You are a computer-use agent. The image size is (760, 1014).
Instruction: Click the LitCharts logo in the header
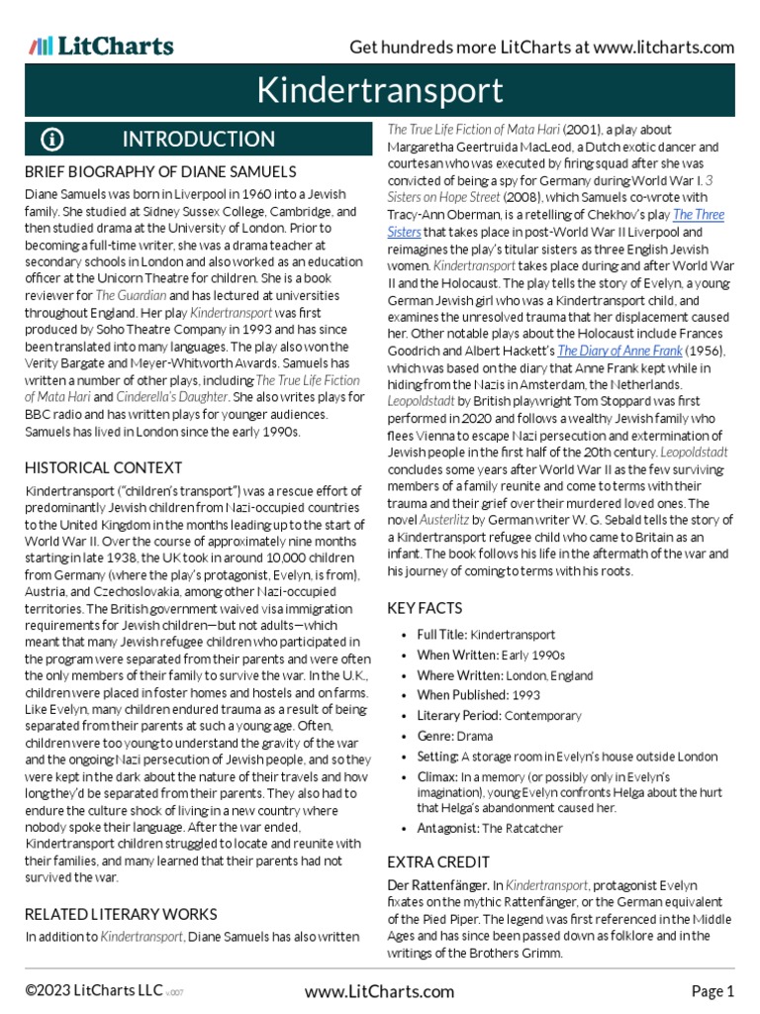101,46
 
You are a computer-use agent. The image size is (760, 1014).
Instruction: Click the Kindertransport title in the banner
380,91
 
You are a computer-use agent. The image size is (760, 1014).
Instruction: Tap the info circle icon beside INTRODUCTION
52,139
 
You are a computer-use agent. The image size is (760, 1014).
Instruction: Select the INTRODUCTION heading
198,139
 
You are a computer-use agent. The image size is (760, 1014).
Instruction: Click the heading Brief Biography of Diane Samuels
159,171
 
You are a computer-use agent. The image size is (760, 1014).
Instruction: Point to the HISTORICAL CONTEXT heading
103,466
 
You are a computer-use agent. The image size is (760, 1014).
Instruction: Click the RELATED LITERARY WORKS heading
120,913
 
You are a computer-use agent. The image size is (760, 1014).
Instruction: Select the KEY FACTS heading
425,608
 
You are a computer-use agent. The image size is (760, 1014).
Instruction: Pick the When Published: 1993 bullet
479,695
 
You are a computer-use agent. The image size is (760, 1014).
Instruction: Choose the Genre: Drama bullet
454,736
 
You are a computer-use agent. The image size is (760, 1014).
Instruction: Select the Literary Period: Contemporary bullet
499,715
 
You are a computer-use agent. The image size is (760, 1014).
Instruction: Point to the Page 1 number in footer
712,990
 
